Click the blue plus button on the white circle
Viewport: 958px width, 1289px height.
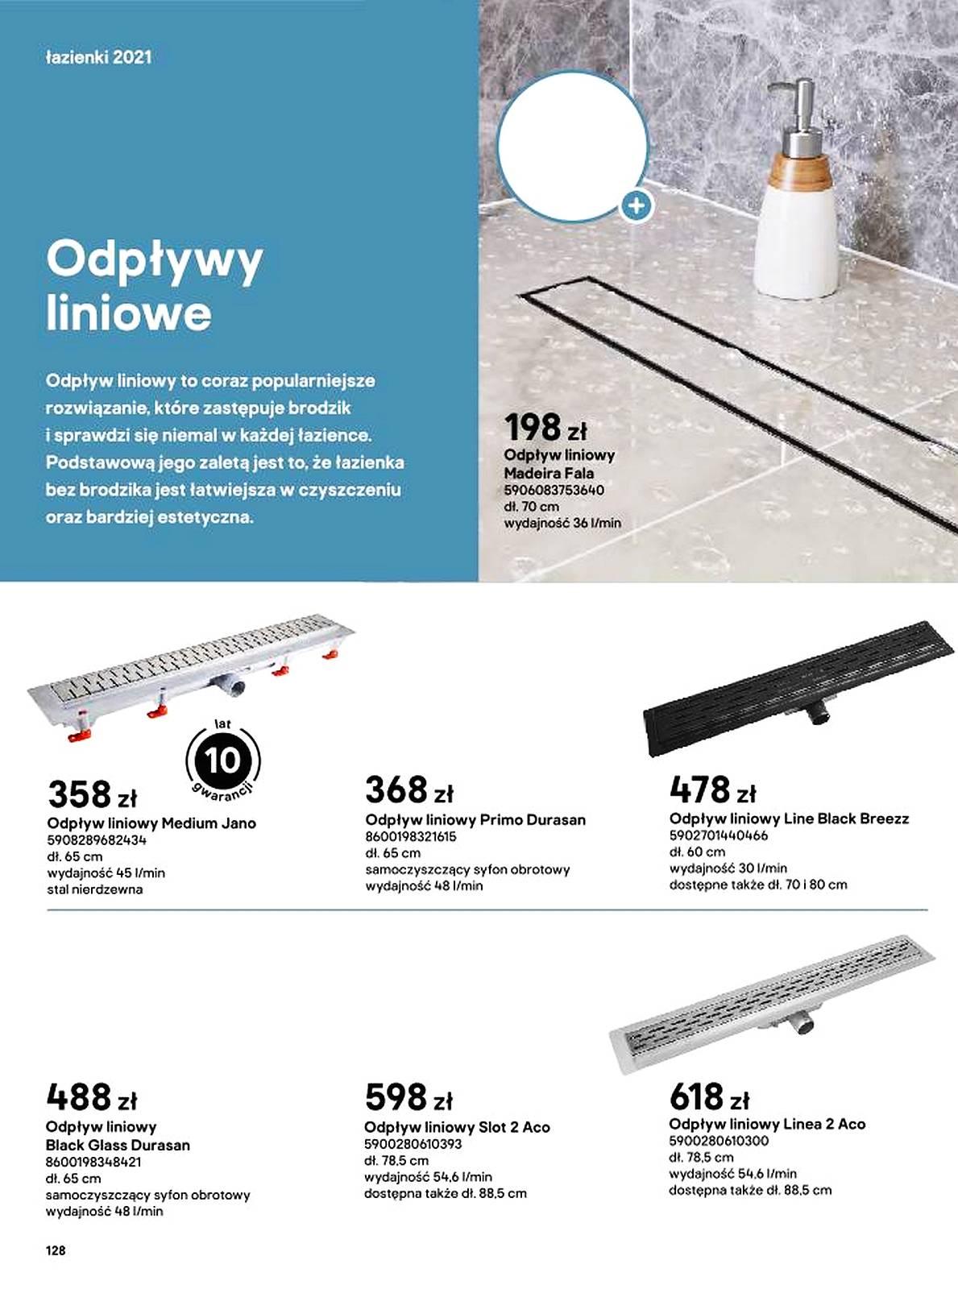coord(637,206)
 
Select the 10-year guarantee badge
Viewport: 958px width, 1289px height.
coord(222,760)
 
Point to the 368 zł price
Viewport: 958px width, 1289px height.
coord(408,790)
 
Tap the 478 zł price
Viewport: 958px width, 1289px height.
coord(712,790)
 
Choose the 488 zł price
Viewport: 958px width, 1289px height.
coord(91,1097)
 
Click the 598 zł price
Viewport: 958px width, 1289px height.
coord(408,1097)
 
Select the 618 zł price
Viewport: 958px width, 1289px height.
coord(709,1096)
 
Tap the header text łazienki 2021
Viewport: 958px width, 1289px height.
coord(99,57)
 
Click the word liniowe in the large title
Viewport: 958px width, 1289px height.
coord(129,313)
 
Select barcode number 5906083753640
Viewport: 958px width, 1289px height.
coord(554,490)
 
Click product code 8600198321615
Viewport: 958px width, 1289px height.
coord(411,836)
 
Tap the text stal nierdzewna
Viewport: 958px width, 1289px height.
coord(95,889)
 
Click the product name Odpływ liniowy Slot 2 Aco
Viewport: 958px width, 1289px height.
coord(457,1127)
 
